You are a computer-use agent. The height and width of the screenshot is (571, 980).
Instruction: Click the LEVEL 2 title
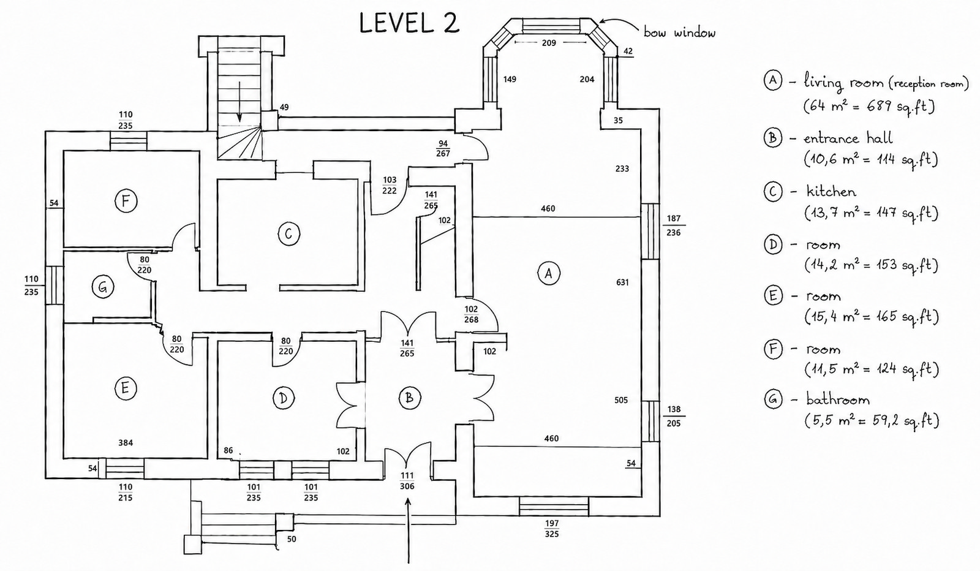point(409,23)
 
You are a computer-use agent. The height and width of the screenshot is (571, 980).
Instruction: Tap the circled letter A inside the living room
point(548,273)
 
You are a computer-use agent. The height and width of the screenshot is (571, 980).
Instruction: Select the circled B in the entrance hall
point(410,398)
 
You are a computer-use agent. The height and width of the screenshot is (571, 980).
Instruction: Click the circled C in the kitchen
point(288,234)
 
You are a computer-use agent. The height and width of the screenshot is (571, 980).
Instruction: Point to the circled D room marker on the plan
point(283,398)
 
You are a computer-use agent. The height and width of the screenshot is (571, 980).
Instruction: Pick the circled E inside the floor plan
point(126,388)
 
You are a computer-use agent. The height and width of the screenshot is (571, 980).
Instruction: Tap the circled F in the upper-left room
point(126,202)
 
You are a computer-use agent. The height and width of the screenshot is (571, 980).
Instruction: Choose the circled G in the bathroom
point(103,287)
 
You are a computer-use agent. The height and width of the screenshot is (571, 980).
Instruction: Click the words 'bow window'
point(679,32)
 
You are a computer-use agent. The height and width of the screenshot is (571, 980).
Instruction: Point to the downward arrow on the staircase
point(239,101)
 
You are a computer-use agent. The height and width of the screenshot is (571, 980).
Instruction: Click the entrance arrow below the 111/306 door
point(409,531)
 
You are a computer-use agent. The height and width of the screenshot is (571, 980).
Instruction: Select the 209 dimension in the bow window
point(549,43)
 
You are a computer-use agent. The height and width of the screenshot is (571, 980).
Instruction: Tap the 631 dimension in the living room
point(622,282)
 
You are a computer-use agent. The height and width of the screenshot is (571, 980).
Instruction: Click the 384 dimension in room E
point(126,443)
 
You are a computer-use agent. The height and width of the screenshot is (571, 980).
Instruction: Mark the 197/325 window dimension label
point(552,529)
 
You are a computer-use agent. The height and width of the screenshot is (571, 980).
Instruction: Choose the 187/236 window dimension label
point(674,225)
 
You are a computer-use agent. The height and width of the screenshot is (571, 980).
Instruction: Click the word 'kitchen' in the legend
point(831,192)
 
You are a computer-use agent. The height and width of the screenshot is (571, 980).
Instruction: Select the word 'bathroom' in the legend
point(838,400)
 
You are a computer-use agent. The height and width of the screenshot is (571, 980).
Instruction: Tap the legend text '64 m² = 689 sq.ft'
point(869,107)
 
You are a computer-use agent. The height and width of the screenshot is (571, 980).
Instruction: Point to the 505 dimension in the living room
point(621,400)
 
